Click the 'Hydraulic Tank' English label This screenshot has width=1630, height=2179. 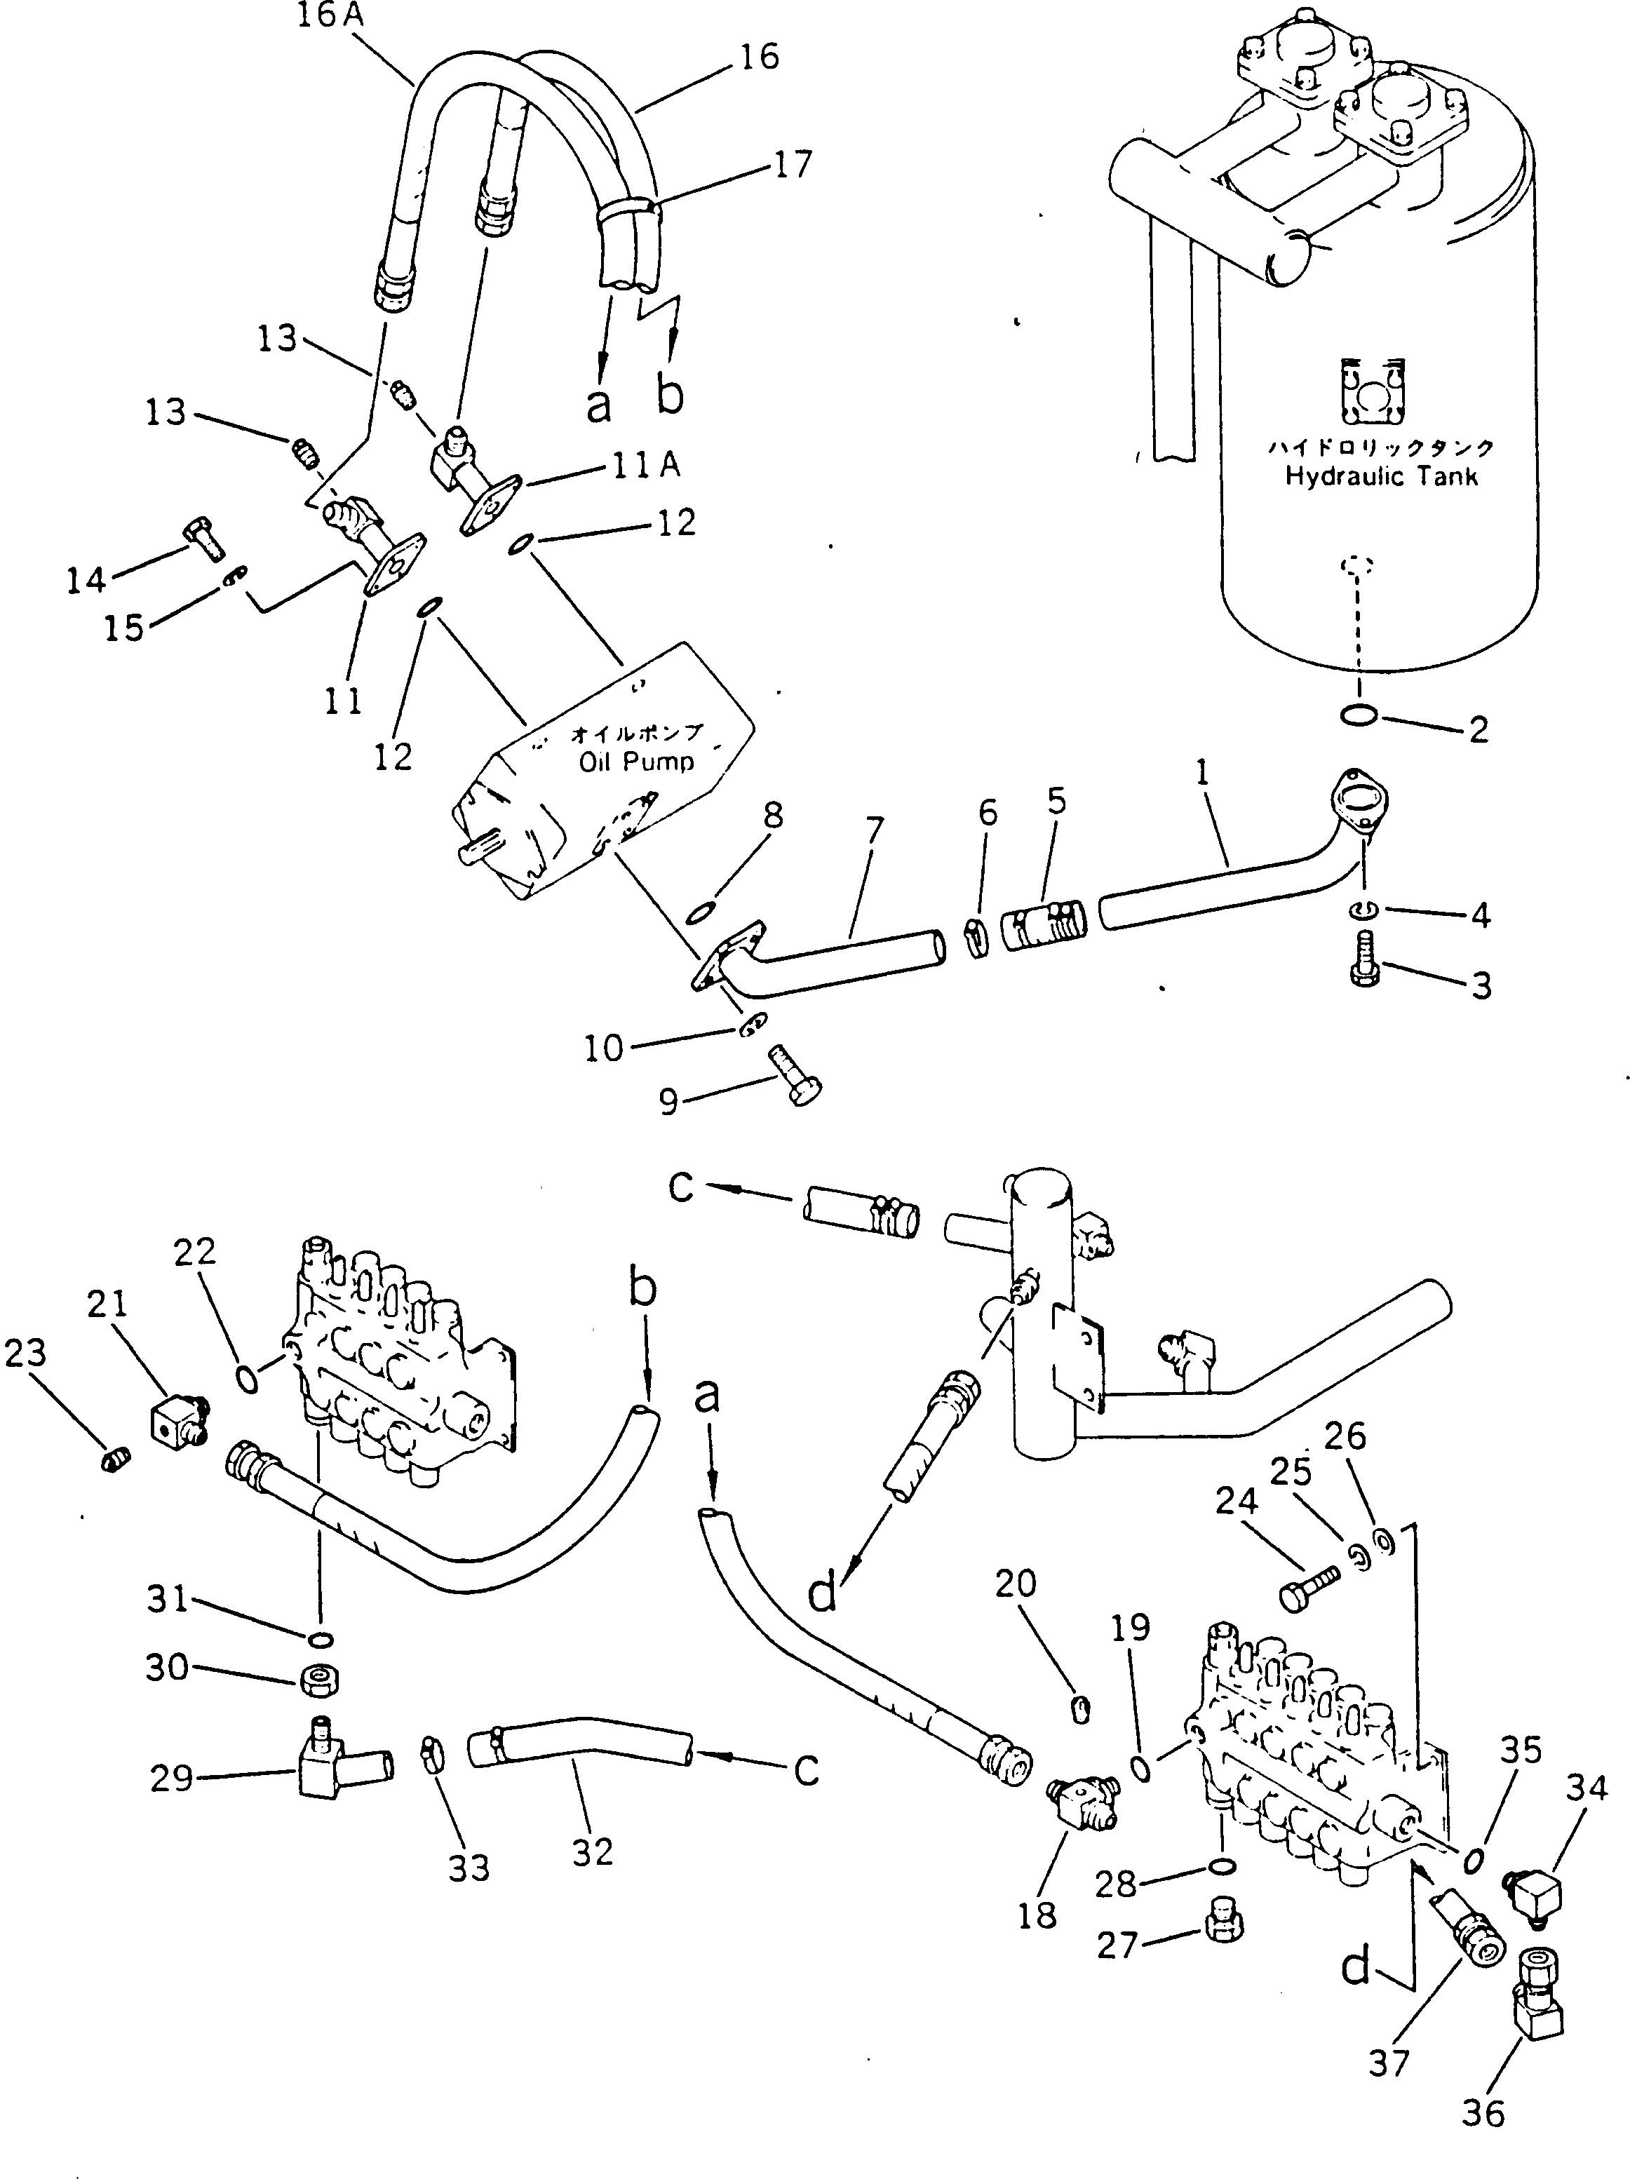coord(1381,477)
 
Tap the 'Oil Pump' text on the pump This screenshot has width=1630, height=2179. coord(636,762)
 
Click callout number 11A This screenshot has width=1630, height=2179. coord(645,465)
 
